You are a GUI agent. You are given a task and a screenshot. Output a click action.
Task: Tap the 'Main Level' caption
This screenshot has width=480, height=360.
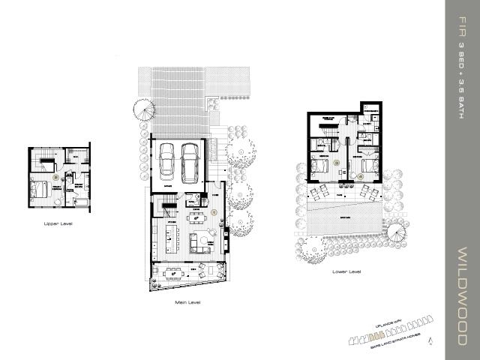[x=187, y=302]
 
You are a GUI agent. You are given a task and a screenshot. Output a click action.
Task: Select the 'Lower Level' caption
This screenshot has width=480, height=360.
[x=344, y=271]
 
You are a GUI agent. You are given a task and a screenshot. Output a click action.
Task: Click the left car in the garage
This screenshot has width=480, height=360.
[x=166, y=158]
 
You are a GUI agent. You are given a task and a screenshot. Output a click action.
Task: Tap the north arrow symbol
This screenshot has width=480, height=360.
[x=430, y=340]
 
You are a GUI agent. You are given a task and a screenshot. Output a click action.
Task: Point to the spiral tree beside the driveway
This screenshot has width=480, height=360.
[x=144, y=112]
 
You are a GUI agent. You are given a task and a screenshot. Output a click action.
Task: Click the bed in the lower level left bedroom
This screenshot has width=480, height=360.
[x=321, y=169]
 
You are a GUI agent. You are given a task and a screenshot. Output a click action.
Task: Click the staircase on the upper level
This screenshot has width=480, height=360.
[x=45, y=158]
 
